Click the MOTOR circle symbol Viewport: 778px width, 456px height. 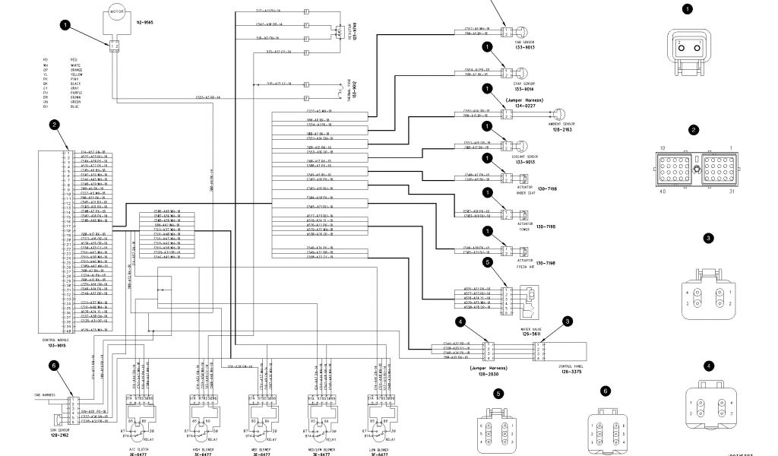click(116, 13)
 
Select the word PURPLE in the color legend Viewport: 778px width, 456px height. click(76, 93)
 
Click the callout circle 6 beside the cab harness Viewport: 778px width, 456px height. click(54, 366)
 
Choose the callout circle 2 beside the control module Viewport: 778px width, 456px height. click(54, 125)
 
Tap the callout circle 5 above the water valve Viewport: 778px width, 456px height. click(488, 262)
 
